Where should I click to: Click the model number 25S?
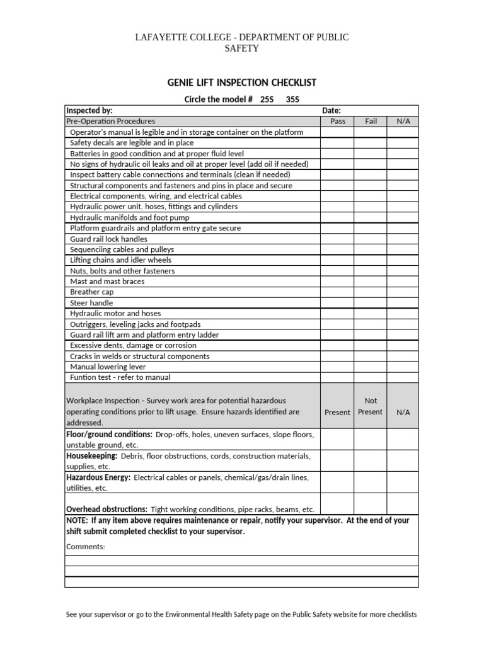tap(267, 100)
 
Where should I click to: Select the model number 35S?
tap(293, 100)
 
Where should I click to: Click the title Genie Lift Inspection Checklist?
tap(241, 83)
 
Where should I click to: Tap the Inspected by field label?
tap(89, 110)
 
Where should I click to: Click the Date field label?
tap(331, 110)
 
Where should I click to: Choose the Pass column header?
tap(337, 121)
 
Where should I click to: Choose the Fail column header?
tap(371, 121)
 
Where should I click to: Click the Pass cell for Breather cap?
tap(337, 292)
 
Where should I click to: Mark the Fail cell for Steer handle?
tap(371, 303)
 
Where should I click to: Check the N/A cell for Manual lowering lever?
tap(403, 367)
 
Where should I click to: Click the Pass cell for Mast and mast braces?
tap(337, 282)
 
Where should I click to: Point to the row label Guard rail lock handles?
tap(109, 239)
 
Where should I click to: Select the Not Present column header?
tap(371, 406)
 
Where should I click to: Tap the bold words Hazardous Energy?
tap(98, 477)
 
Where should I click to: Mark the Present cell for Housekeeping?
tap(337, 461)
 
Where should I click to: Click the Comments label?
tap(86, 547)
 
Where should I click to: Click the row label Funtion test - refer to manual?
tap(120, 377)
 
